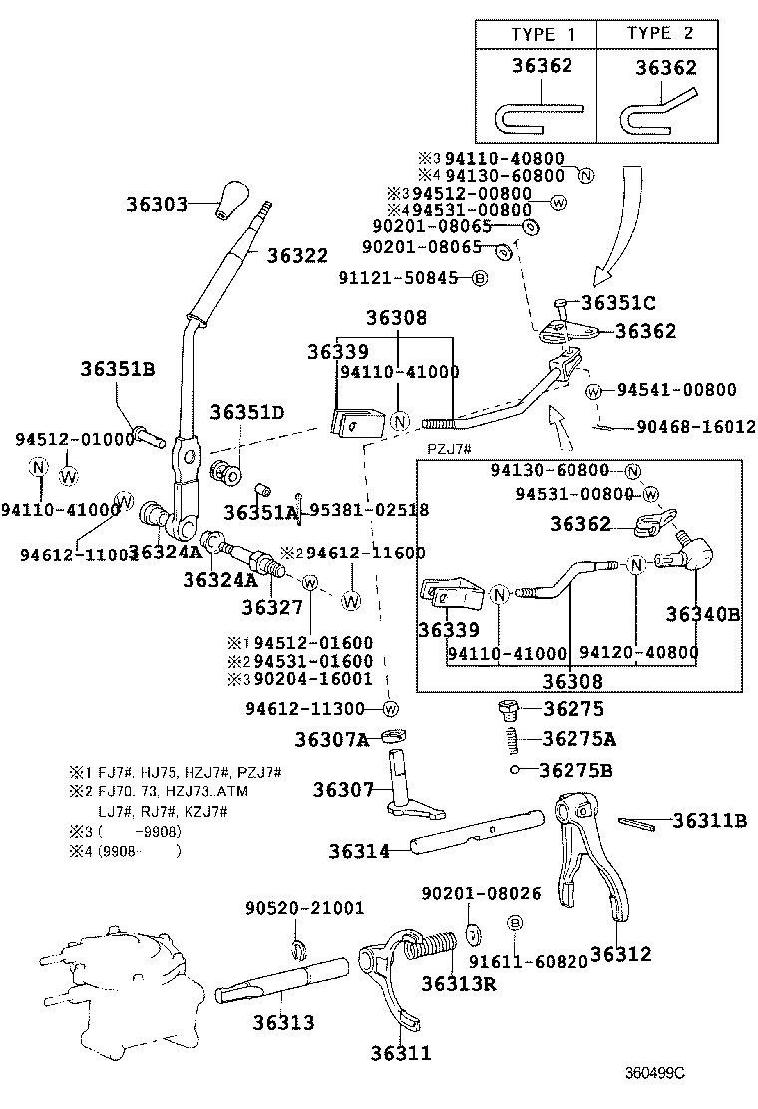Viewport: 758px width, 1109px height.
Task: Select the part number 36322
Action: (296, 255)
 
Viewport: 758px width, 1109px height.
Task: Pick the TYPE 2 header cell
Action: (662, 34)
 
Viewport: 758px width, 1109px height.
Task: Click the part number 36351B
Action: (117, 370)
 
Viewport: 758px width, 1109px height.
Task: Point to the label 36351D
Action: (247, 412)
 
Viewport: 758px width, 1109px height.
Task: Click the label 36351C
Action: (619, 302)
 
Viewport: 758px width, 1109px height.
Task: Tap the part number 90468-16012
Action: (696, 427)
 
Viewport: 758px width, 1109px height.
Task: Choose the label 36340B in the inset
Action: (703, 615)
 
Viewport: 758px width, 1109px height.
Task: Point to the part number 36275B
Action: (575, 770)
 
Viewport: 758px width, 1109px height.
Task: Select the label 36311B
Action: (709, 821)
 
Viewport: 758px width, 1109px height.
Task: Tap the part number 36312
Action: (620, 954)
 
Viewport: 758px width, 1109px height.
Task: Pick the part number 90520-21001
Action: (305, 908)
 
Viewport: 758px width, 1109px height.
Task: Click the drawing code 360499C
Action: (655, 1073)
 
